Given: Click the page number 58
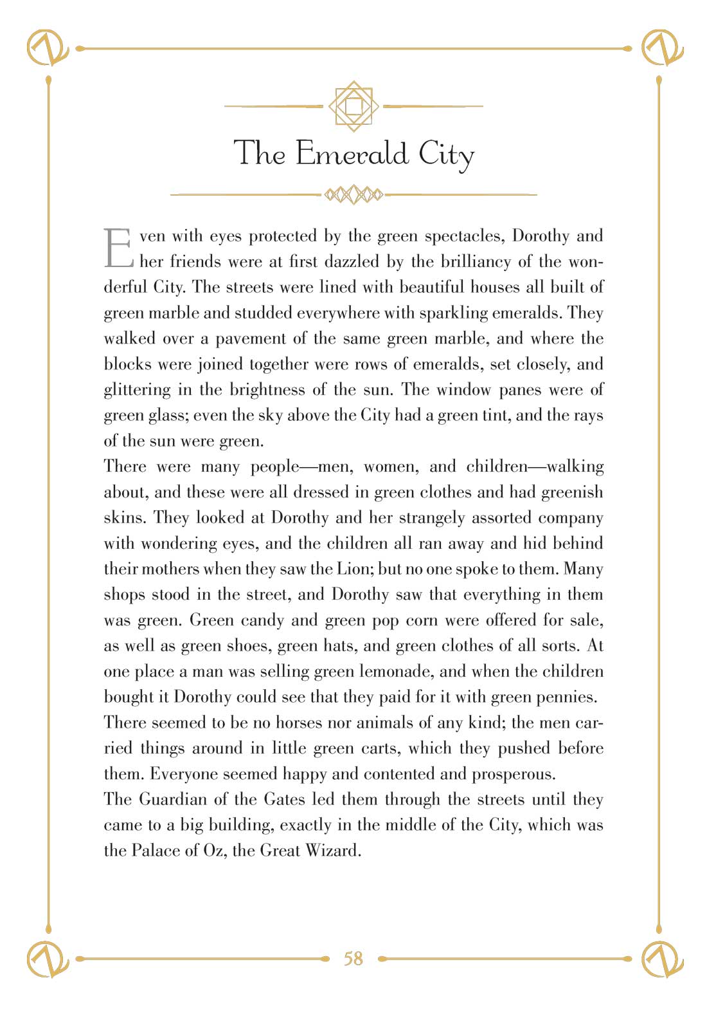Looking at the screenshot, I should click(x=353, y=959).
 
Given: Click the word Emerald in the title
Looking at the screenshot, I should click(x=352, y=154).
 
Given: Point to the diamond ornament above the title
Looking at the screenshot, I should click(x=353, y=106).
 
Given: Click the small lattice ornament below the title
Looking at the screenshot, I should click(x=353, y=194).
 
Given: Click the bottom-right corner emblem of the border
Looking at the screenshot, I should click(x=663, y=959).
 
